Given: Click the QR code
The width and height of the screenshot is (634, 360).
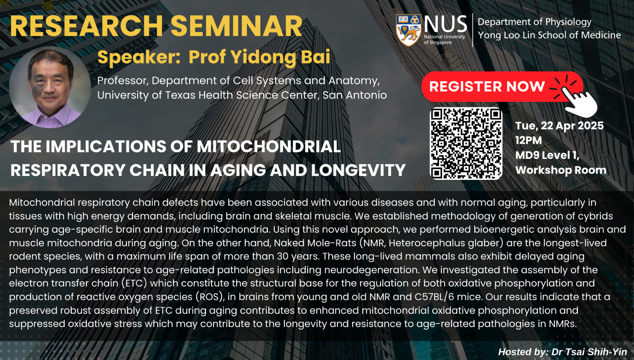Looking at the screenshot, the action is tap(466, 144).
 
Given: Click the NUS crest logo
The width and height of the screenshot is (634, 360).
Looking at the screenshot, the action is tap(408, 30).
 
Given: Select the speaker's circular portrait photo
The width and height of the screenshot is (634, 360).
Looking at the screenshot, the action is tap(50, 87).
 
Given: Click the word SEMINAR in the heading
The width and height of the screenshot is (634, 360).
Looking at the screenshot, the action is tap(236, 26).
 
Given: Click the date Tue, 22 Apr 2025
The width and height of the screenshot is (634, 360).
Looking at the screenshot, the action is tap(559, 126).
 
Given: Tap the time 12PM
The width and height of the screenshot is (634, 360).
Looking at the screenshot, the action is tap(529, 140).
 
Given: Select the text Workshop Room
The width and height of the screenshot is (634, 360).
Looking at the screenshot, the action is tap(561, 170).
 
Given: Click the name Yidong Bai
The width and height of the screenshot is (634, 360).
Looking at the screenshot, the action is tap(280, 57).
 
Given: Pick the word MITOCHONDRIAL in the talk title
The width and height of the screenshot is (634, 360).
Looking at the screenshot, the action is tap(269, 147).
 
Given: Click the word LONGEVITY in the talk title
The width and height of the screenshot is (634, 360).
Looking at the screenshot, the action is tap(358, 170).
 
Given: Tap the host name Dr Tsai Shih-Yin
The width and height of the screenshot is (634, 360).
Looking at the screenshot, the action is tap(589, 352).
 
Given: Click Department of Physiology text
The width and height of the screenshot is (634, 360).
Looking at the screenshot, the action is tap(534, 22).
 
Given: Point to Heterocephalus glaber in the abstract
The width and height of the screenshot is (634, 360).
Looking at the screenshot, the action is tap(444, 243).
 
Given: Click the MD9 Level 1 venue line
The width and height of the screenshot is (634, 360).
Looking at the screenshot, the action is tap(547, 155).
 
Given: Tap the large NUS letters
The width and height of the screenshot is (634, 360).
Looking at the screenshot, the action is tap(445, 24).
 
